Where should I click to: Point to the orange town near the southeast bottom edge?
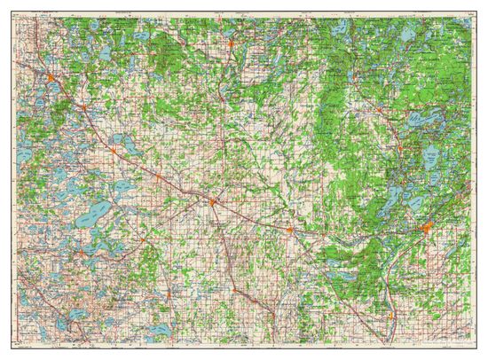click(390, 314)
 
